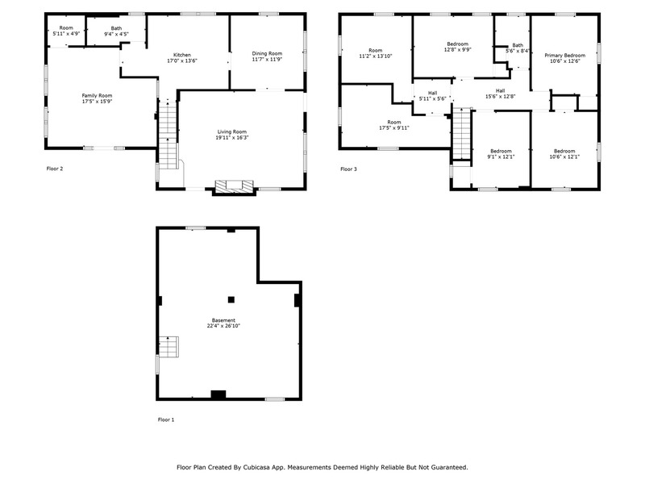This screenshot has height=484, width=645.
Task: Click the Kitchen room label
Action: pos(182,55)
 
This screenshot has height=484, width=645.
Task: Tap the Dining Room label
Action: pos(267,53)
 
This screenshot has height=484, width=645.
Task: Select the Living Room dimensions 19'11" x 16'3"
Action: pos(232,137)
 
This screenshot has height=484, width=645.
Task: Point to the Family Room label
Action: pos(97,95)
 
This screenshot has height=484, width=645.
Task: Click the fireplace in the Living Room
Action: pos(234,186)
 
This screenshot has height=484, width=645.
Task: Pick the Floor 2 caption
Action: pos(55,169)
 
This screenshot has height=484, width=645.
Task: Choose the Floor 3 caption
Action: pos(349,169)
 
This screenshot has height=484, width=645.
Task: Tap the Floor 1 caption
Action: pos(166,419)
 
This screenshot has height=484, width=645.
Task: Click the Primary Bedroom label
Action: pos(565,55)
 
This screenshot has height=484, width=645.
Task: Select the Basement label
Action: pos(223,320)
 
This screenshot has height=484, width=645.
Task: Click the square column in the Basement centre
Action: pos(231,299)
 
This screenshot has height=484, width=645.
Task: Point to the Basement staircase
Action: pos(169,347)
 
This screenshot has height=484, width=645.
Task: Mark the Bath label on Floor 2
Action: pos(116,28)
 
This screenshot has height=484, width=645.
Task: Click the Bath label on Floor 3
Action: pos(518,45)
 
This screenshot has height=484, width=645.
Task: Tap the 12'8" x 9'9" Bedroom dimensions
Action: pos(457,49)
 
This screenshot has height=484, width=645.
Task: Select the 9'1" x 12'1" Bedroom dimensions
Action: pos(501,156)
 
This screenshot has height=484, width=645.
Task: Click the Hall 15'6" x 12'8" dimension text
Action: pos(500,96)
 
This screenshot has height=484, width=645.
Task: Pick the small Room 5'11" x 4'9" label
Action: pos(66,31)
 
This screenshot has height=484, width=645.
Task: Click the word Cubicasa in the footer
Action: pos(256,467)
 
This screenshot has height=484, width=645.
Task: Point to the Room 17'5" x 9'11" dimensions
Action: pos(394,127)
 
